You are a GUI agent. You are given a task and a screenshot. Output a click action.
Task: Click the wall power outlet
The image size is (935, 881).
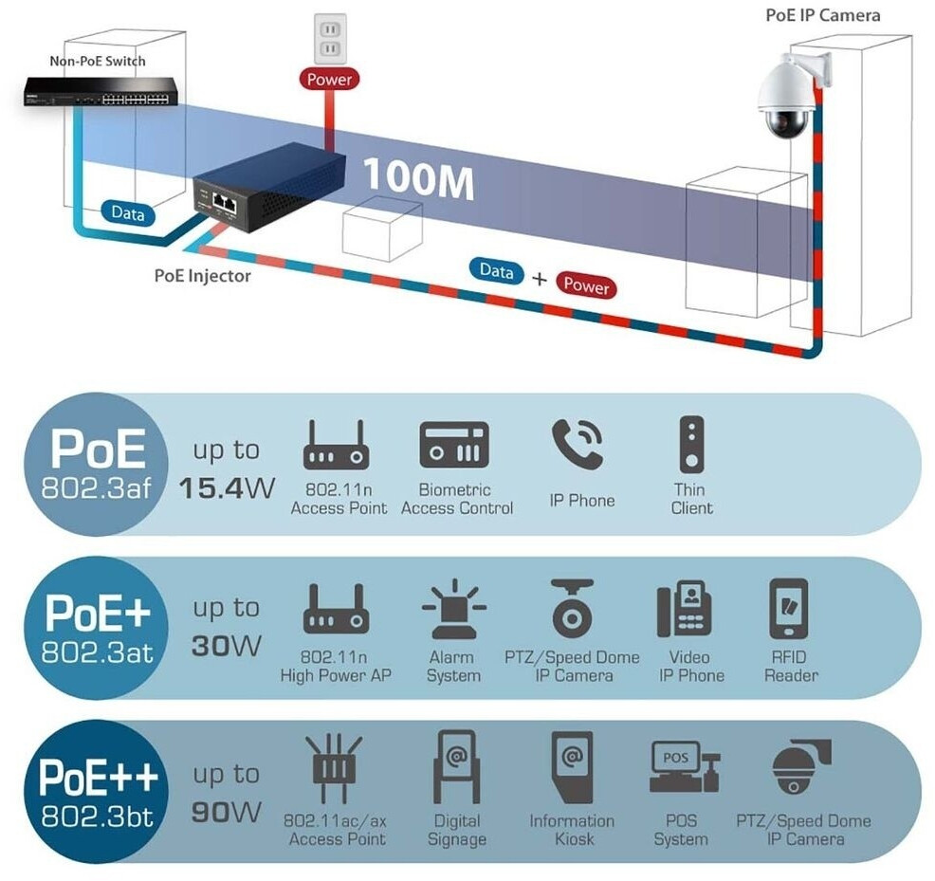coord(330,39)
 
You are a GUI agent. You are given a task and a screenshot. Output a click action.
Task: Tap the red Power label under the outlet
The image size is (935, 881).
coord(329,79)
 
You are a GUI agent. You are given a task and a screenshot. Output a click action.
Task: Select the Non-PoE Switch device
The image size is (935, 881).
coord(101,92)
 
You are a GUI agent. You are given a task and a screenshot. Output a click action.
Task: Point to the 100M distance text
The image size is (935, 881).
coord(418,177)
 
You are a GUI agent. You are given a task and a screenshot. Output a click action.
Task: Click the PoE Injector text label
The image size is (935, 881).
coord(202,276)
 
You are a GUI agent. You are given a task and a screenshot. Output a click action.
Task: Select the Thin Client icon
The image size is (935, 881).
coord(691,445)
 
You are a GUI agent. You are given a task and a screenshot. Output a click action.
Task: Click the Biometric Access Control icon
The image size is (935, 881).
coord(454,445)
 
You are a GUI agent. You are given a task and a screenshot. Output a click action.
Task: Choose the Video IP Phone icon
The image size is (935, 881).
coord(685,609)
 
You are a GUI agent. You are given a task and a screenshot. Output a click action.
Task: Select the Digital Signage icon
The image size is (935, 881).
coord(456,766)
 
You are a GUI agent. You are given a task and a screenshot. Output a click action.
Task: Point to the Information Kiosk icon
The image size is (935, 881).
coord(573,767)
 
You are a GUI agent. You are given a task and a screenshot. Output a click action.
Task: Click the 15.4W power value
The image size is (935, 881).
coord(227,488)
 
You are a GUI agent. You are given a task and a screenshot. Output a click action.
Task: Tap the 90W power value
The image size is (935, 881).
coord(226,812)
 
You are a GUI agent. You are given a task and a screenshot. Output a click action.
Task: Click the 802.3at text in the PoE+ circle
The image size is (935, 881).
coord(97,652)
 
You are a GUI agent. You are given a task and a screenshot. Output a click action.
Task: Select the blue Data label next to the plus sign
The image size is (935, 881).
coord(496,271)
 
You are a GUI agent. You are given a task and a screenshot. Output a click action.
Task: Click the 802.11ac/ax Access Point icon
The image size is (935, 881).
coord(334,767)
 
